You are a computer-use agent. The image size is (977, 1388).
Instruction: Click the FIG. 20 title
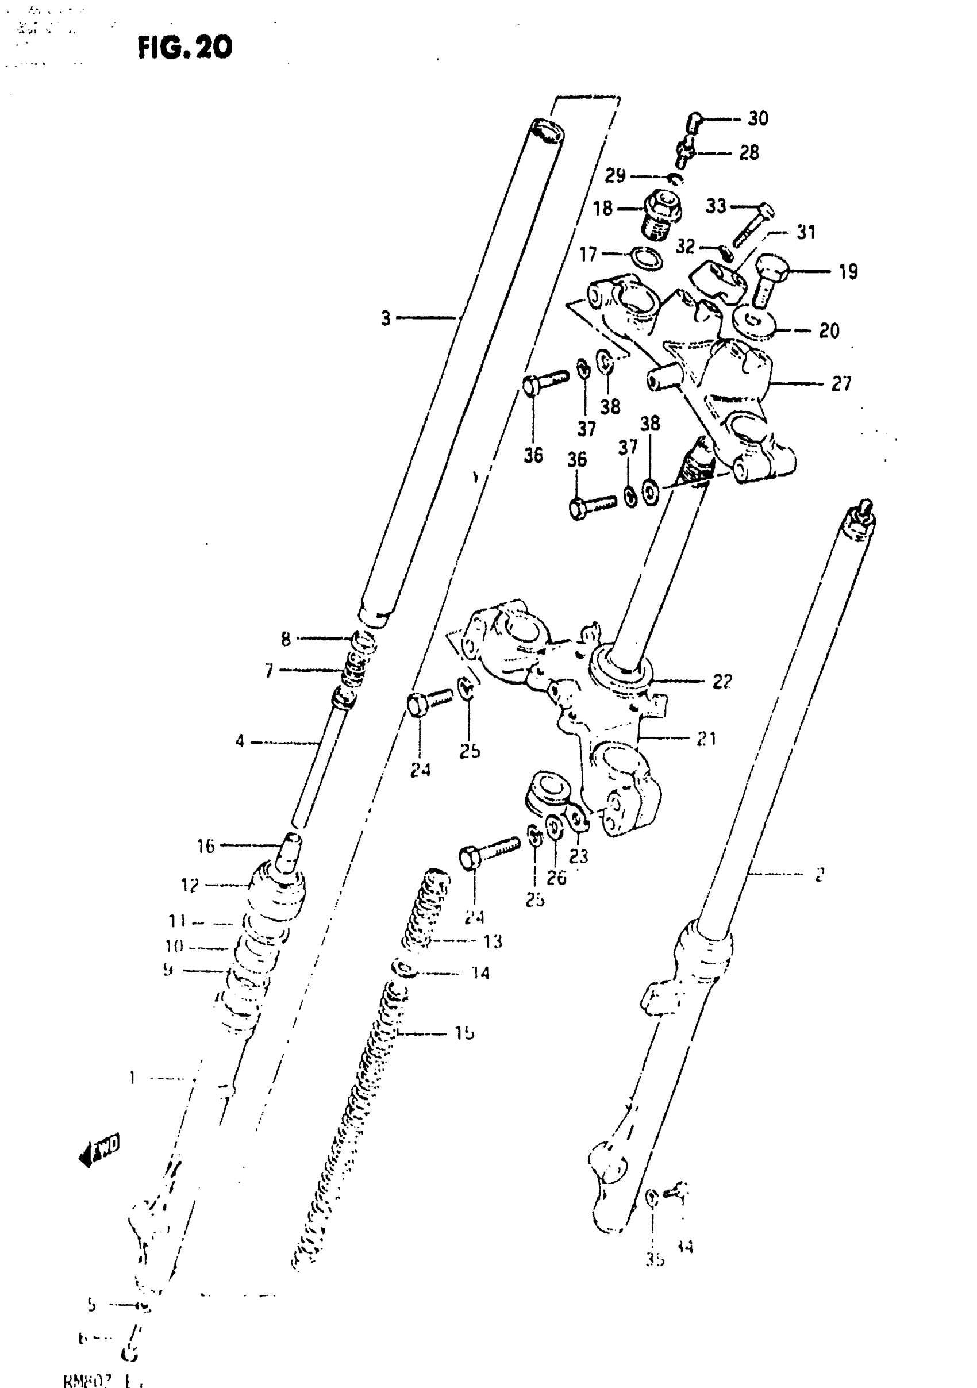tap(184, 47)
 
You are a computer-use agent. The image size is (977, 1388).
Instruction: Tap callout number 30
tap(757, 118)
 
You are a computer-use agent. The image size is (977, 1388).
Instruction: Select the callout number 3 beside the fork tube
tap(386, 318)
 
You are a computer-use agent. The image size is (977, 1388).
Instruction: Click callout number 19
tap(848, 272)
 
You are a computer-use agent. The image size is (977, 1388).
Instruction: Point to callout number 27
tap(841, 383)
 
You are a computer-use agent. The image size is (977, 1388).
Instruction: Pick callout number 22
tap(722, 682)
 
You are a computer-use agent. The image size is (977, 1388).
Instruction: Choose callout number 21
tap(706, 738)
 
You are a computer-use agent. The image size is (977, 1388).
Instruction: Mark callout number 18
tap(603, 209)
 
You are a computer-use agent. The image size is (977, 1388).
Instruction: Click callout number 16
tap(206, 847)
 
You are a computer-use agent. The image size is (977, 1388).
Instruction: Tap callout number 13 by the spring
tap(493, 941)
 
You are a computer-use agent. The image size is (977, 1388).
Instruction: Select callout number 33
tap(716, 206)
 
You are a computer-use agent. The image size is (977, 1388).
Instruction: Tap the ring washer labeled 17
tap(647, 257)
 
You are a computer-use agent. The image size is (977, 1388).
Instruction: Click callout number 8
tap(286, 639)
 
